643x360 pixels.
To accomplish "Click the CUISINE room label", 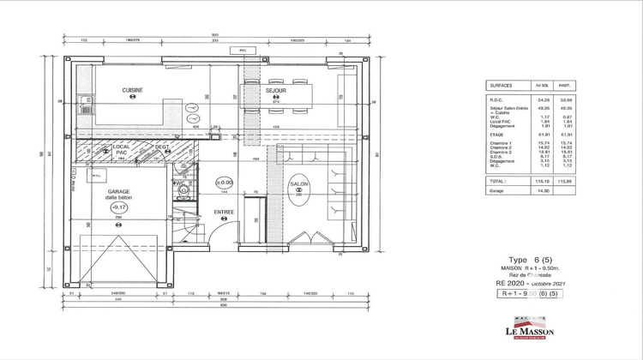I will (x=132, y=90).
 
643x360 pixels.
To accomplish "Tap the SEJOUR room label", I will (x=275, y=90).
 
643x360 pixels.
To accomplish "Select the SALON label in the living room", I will (x=298, y=184).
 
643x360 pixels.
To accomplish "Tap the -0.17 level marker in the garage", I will (x=120, y=207).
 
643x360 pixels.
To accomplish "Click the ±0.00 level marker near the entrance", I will (x=223, y=183).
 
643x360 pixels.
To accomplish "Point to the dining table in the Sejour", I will (x=277, y=99).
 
